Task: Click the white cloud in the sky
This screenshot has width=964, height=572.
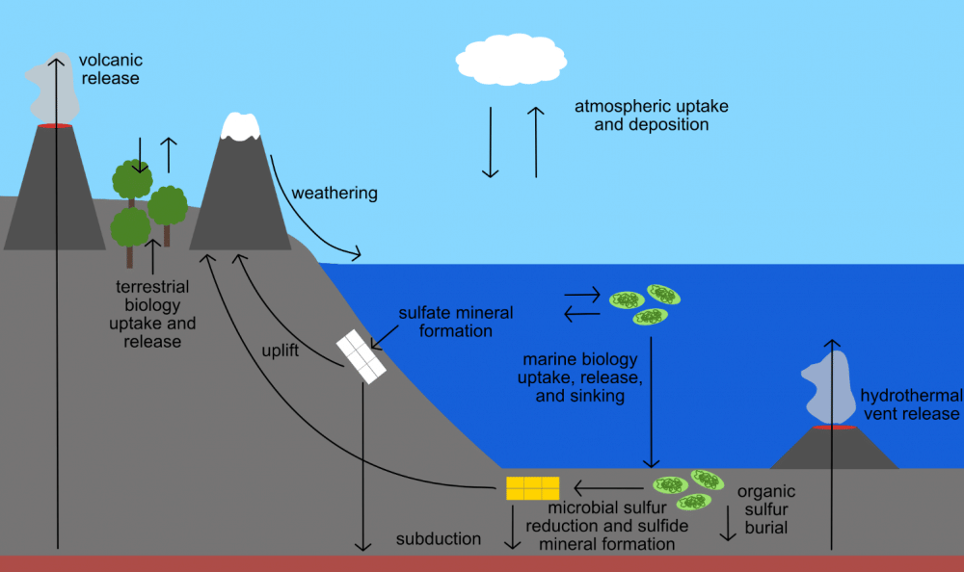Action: pyautogui.click(x=510, y=59)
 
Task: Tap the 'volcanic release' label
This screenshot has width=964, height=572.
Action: pyautogui.click(x=110, y=69)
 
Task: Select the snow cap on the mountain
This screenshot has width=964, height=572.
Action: pyautogui.click(x=241, y=126)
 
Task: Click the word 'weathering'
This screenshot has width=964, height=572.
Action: pyautogui.click(x=335, y=193)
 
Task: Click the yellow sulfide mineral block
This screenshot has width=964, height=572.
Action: pyautogui.click(x=532, y=487)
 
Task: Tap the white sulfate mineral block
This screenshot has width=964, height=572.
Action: pyautogui.click(x=361, y=356)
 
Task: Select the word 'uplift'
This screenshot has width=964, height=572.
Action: pyautogui.click(x=281, y=350)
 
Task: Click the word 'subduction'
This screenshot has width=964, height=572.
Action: pyautogui.click(x=439, y=538)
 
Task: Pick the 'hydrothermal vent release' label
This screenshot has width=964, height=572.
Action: pyautogui.click(x=910, y=404)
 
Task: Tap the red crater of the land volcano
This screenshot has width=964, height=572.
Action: pyautogui.click(x=54, y=125)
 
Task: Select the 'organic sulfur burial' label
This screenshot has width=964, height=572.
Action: pyautogui.click(x=766, y=509)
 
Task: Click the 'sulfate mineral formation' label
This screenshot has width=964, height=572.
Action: pyautogui.click(x=456, y=322)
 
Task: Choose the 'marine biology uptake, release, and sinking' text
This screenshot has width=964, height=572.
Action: pyautogui.click(x=579, y=377)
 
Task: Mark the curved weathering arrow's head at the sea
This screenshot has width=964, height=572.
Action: pyautogui.click(x=359, y=255)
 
